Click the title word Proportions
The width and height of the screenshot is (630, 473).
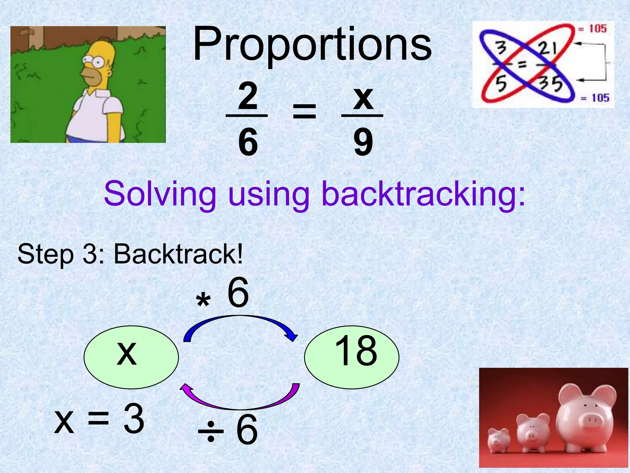click(x=312, y=45)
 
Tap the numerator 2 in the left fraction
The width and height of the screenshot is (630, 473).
click(x=248, y=97)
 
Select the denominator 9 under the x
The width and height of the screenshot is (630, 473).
click(x=363, y=142)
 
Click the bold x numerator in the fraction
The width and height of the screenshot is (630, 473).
click(x=363, y=98)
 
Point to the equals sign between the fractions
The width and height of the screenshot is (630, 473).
click(x=304, y=111)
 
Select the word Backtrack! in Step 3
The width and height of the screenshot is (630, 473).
click(x=178, y=254)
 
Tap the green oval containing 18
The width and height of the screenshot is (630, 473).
click(x=352, y=357)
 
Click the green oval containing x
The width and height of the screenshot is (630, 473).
click(x=131, y=357)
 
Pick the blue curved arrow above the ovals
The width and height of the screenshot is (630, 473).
click(x=240, y=322)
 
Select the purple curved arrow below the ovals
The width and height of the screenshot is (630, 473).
click(x=240, y=402)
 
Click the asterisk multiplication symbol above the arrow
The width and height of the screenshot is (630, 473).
click(x=203, y=301)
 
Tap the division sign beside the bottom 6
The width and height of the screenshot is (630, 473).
click(x=211, y=431)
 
